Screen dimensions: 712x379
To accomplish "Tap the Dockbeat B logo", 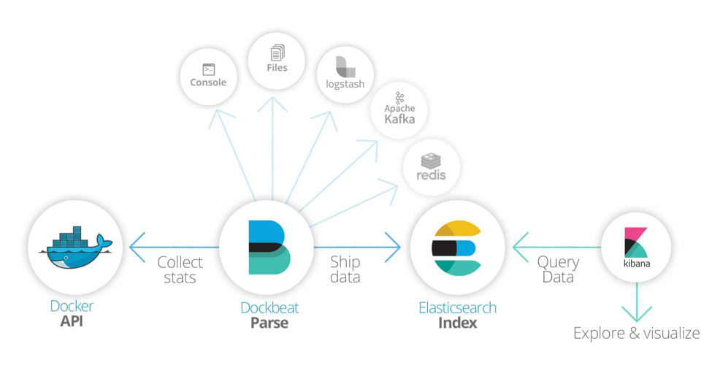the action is (x=269, y=248).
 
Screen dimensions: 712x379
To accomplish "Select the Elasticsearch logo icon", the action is (x=456, y=248).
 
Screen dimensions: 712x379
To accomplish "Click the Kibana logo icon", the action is (x=636, y=242).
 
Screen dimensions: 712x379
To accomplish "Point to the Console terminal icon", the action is (x=208, y=69).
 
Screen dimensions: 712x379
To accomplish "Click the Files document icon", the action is (x=277, y=53).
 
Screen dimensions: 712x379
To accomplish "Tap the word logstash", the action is (x=345, y=84).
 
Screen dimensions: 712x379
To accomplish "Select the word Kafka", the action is (x=399, y=119).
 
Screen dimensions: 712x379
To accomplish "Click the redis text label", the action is (x=432, y=175).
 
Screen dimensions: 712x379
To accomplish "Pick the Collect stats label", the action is (x=180, y=269).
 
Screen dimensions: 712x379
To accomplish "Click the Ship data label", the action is (x=345, y=269).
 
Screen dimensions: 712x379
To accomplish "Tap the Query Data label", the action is (x=558, y=269).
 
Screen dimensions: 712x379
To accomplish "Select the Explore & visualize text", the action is (x=637, y=333).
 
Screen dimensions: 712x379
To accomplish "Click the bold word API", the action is (x=72, y=321).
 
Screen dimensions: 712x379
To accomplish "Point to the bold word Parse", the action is (x=269, y=323).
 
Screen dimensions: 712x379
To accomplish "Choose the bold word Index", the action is (x=457, y=323).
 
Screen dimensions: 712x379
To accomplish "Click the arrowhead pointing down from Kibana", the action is (x=637, y=314).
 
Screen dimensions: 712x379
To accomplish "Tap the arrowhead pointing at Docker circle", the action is (x=137, y=248).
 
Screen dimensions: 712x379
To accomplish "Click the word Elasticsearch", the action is (x=457, y=307).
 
